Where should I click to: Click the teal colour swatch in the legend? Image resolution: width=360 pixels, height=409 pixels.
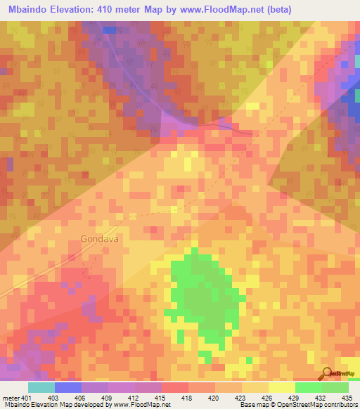point(41,387)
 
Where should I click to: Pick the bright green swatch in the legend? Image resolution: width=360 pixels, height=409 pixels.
point(309,387)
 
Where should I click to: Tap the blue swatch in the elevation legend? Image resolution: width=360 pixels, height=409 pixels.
point(67,387)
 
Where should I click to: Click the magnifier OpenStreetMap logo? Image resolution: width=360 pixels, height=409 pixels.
point(327,372)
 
